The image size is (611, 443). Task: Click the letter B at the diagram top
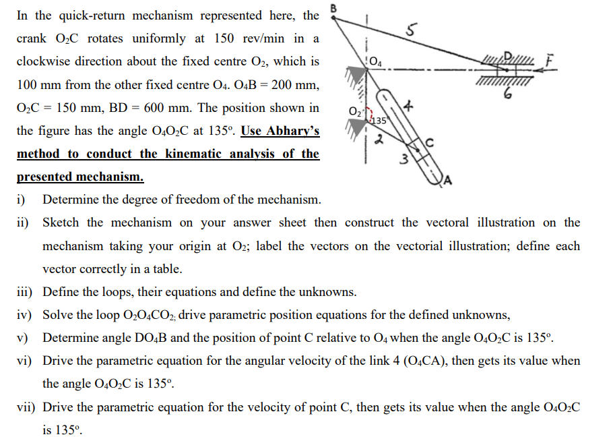pyautogui.click(x=331, y=8)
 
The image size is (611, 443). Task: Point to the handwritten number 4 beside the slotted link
pyautogui.click(x=408, y=107)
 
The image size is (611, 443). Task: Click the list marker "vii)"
pyautogui.click(x=27, y=407)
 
